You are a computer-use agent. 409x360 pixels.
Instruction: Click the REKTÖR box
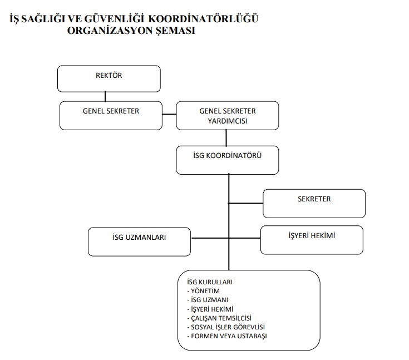(109, 78)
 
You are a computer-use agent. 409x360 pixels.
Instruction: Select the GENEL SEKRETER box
(111, 115)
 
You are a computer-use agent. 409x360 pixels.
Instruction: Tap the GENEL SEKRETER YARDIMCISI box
(227, 115)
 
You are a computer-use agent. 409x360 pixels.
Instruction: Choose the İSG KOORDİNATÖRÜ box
(227, 160)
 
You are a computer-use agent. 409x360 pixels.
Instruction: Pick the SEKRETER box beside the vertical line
(314, 203)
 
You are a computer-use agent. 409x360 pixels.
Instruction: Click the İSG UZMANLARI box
(139, 241)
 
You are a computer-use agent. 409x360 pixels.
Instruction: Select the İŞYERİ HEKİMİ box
(312, 240)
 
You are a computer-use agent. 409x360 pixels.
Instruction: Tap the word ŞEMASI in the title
(177, 31)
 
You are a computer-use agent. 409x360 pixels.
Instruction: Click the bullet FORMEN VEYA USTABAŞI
(226, 336)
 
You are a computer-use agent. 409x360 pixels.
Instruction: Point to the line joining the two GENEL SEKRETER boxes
(169, 114)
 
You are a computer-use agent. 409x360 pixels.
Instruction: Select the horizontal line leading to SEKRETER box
(245, 203)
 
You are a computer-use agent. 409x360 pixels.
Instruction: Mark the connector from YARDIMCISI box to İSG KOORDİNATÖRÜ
(226, 137)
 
